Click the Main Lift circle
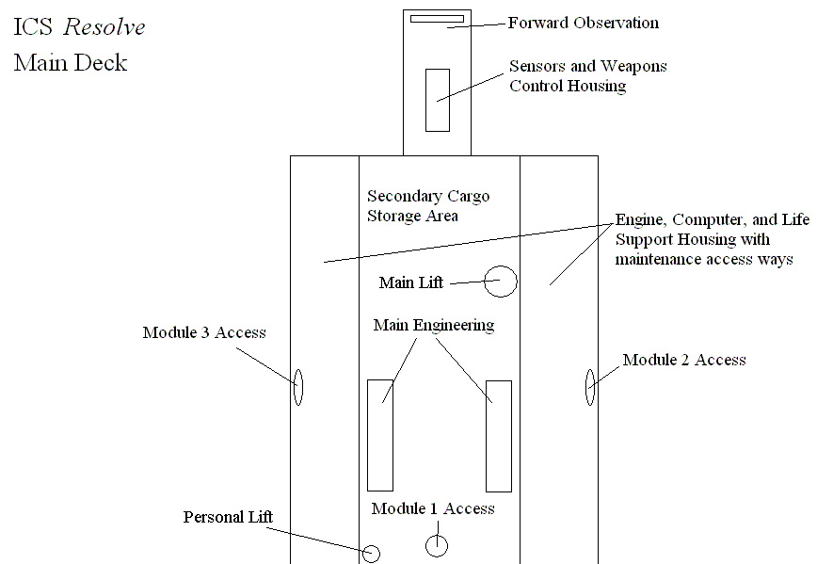(x=501, y=281)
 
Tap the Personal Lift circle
(x=372, y=554)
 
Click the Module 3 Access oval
(x=298, y=386)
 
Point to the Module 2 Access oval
(x=590, y=386)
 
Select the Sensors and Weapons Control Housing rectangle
(x=437, y=99)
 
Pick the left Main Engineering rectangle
(x=380, y=435)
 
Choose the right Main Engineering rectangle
(x=498, y=435)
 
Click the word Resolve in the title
(x=104, y=27)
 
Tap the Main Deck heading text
(x=71, y=63)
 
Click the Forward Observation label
(x=583, y=23)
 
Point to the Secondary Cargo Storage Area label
(x=428, y=206)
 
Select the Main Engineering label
(x=433, y=326)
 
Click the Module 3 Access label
(x=203, y=332)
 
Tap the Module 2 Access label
(x=683, y=360)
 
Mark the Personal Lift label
(x=228, y=517)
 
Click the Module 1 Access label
(x=432, y=509)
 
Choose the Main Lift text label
(x=411, y=282)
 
